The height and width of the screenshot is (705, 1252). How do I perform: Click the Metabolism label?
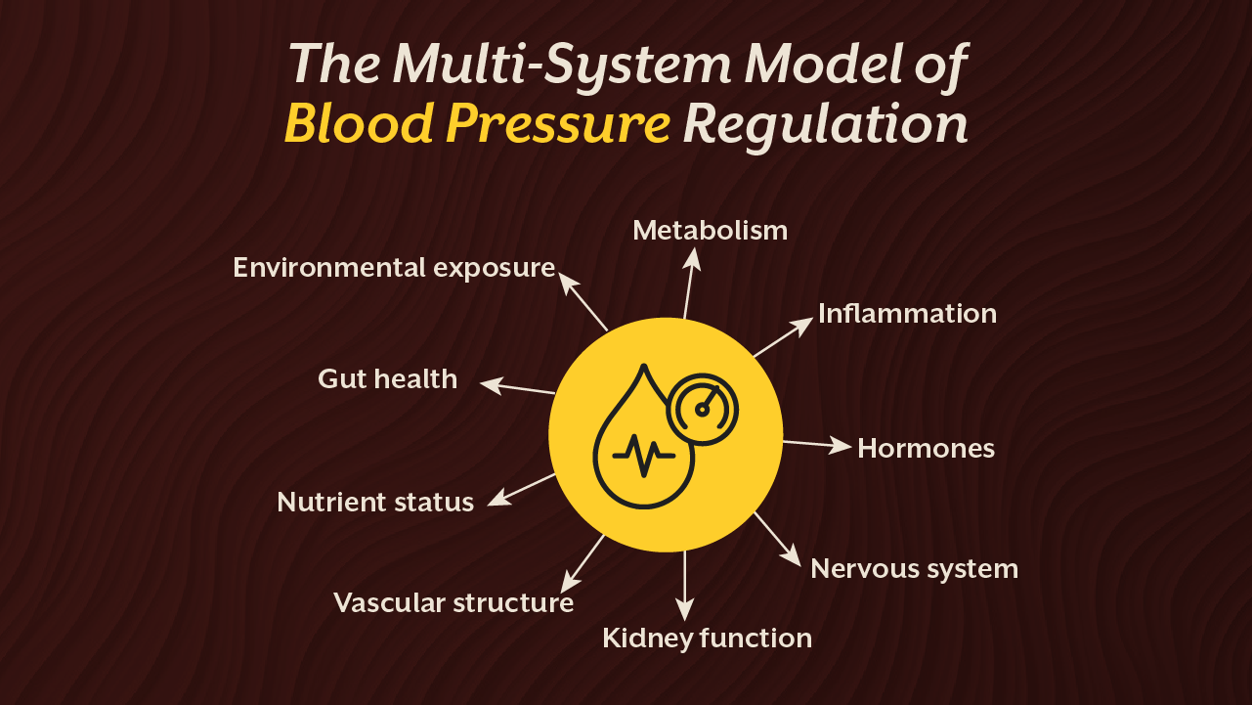(710, 230)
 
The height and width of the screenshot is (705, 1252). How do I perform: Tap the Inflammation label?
(907, 313)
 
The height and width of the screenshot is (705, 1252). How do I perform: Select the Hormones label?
(926, 448)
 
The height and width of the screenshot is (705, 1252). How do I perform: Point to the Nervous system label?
(914, 568)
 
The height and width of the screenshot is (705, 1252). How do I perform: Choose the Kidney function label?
(707, 639)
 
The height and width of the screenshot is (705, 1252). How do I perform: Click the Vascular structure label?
(453, 602)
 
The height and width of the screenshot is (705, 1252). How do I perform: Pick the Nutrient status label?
(375, 502)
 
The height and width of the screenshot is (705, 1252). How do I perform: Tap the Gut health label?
(387, 378)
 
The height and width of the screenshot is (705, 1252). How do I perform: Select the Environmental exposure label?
(394, 267)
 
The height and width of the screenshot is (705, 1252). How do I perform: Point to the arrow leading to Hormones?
(817, 444)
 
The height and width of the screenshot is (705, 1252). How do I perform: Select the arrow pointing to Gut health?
(519, 387)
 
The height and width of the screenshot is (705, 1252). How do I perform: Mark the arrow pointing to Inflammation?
(783, 336)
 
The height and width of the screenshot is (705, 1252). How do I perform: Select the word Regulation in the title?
(825, 124)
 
